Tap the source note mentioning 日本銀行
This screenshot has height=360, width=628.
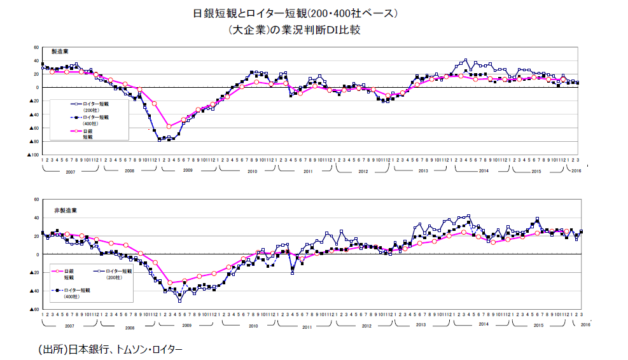pyautogui.click(x=110, y=349)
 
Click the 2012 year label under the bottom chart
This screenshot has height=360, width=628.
pyautogui.click(x=366, y=326)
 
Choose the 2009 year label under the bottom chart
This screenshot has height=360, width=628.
pyautogui.click(x=187, y=326)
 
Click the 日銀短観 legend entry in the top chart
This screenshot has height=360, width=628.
pyautogui.click(x=87, y=134)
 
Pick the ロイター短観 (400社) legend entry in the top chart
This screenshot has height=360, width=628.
pyautogui.click(x=93, y=120)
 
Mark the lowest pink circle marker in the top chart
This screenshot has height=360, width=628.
pyautogui.click(x=169, y=127)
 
